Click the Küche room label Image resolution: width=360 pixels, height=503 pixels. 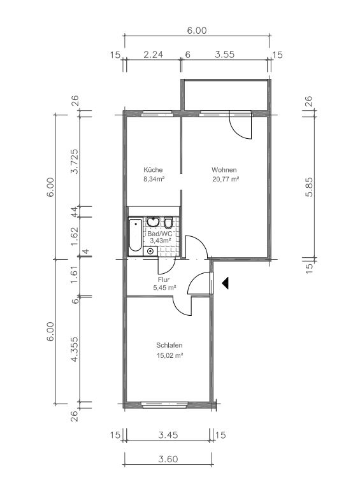153,170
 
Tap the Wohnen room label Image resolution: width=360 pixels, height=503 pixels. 224,170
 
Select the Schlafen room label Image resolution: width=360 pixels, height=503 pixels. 169,346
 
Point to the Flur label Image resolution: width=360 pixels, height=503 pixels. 164,280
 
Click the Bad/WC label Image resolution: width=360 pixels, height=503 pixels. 159,234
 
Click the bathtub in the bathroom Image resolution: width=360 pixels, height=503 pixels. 135,235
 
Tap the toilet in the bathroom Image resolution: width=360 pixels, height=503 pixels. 168,222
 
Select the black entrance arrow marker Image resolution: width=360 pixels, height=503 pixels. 225,283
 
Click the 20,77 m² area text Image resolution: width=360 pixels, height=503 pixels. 226,179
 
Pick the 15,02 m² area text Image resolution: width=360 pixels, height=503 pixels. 169,355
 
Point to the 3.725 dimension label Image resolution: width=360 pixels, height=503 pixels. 74,161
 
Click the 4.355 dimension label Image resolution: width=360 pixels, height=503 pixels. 74,350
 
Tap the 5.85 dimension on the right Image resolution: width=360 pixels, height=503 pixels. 309,187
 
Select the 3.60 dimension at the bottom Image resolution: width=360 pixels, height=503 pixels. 168,459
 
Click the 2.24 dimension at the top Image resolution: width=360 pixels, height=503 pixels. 153,55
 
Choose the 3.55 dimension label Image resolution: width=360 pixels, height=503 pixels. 224,55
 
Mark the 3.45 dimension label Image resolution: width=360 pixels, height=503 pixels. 168,436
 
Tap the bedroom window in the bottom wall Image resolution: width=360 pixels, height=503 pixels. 165,405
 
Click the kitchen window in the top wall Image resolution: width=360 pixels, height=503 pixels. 157,113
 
